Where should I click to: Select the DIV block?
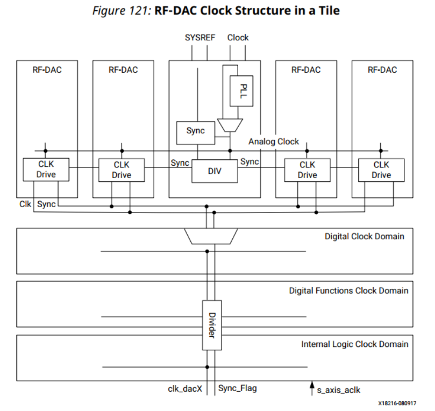click(215, 171)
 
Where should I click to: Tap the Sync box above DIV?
click(195, 131)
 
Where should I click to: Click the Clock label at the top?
click(238, 38)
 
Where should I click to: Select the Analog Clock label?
click(273, 141)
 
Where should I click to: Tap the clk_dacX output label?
click(184, 388)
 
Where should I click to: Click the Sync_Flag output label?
click(238, 388)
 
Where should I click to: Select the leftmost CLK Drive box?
click(46, 169)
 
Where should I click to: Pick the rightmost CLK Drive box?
click(381, 169)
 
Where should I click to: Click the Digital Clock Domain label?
click(364, 236)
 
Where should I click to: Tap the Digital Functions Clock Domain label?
click(348, 290)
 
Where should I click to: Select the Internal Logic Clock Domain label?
click(354, 344)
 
